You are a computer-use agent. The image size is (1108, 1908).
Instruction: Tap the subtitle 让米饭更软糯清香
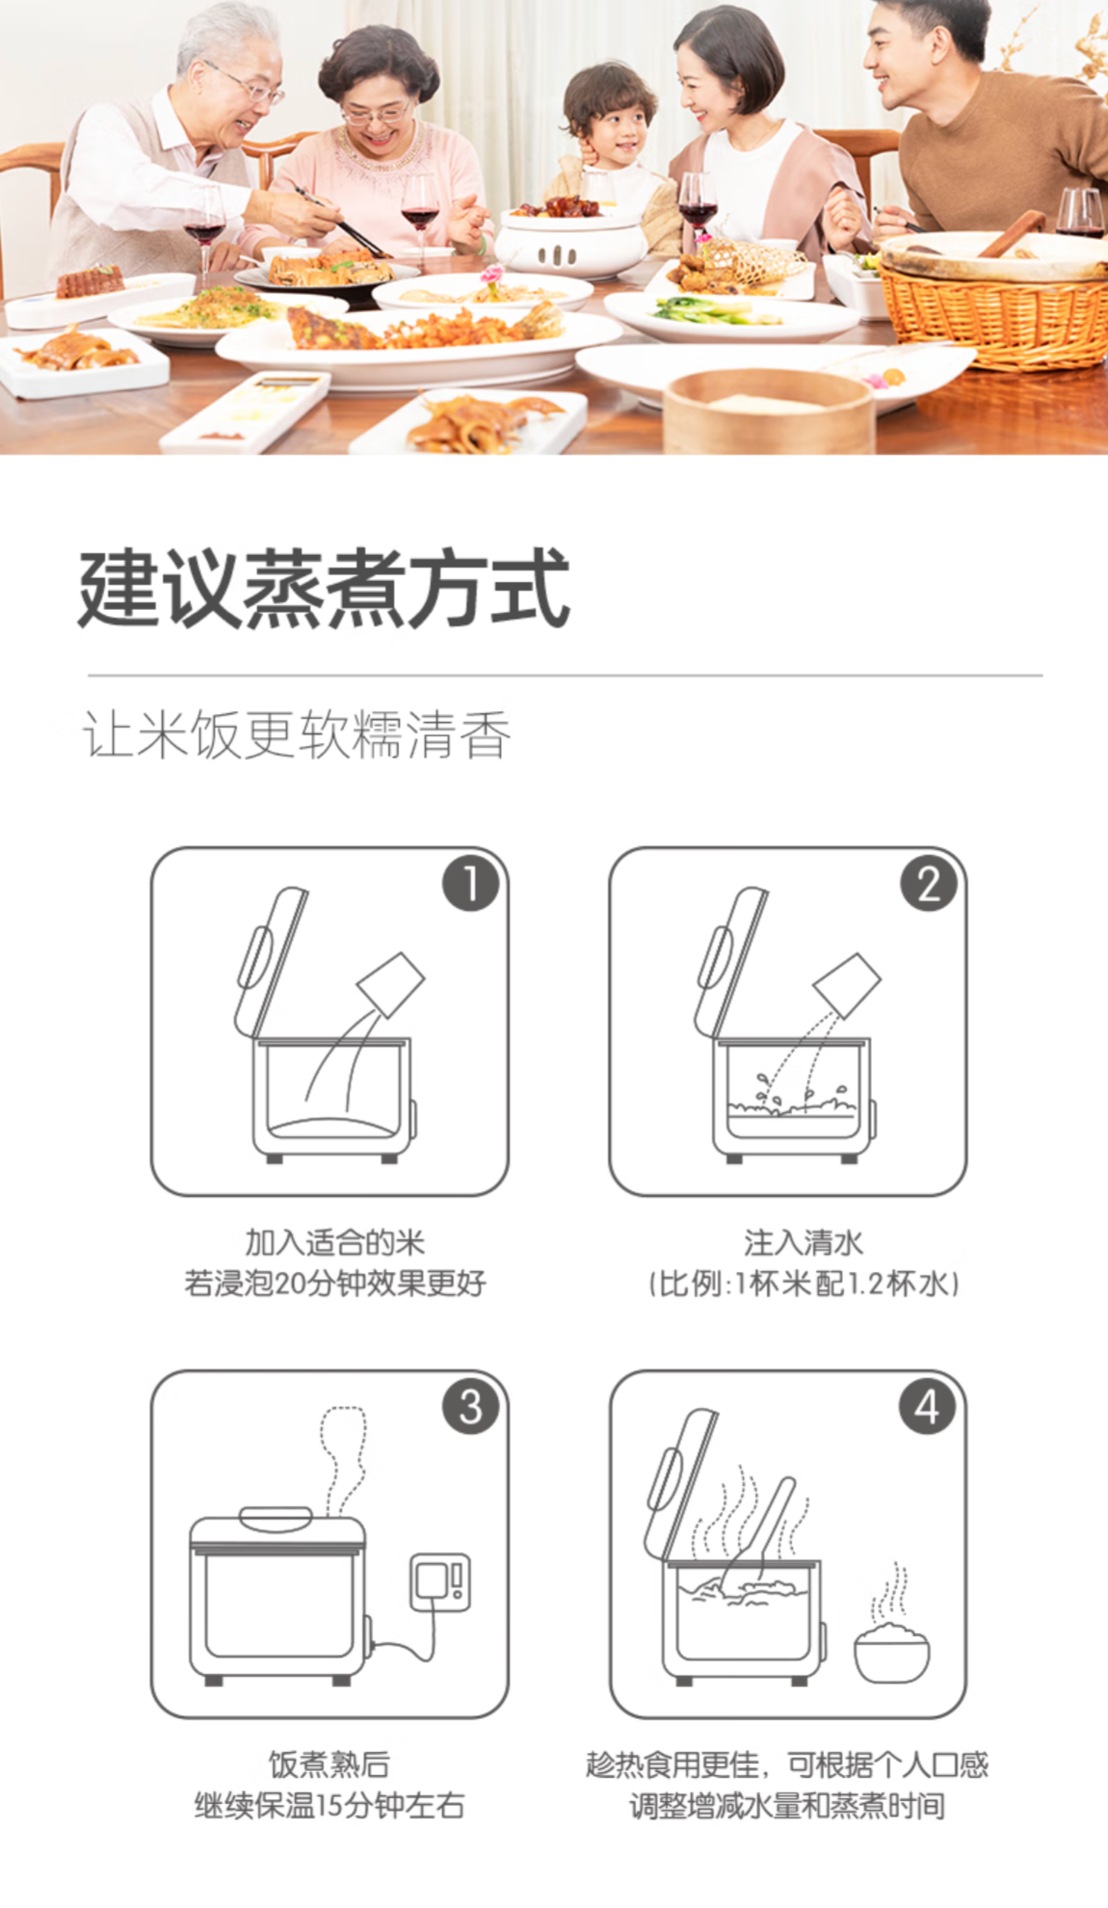[x=297, y=735]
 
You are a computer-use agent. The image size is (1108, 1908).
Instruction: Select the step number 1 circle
[x=471, y=884]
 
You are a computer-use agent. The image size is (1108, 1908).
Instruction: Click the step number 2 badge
[x=929, y=884]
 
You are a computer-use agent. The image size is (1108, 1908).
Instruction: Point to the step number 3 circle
[x=471, y=1406]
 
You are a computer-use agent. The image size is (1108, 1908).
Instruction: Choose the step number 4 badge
[x=928, y=1406]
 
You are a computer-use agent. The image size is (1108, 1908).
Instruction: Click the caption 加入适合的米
[x=334, y=1242]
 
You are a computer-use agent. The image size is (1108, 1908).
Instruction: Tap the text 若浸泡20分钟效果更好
[x=334, y=1284]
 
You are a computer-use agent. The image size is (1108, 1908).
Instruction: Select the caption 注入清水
[x=803, y=1242]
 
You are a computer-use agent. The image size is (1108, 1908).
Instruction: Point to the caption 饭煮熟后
[x=329, y=1764]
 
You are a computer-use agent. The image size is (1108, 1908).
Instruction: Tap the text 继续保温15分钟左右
[x=330, y=1805]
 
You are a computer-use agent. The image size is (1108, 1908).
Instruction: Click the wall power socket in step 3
[x=440, y=1581]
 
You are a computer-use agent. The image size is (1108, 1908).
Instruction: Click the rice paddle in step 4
[x=761, y=1532]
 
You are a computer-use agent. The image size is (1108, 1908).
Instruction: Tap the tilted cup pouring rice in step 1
[x=391, y=984]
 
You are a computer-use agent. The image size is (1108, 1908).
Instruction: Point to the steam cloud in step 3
[x=343, y=1460]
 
